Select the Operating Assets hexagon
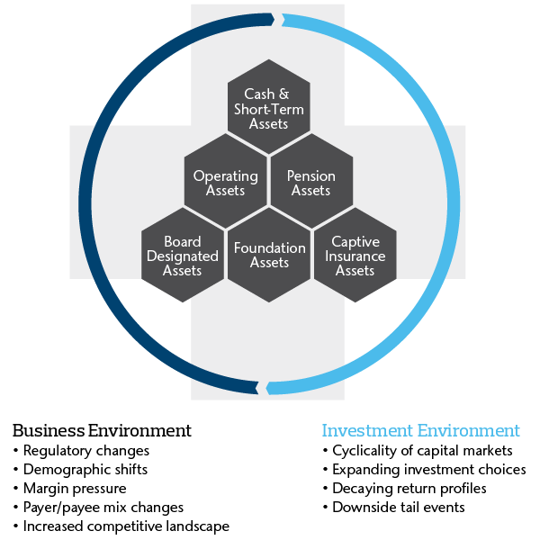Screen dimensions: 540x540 click(225, 183)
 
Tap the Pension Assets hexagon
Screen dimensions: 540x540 click(311, 183)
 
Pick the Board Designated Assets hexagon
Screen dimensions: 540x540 click(183, 256)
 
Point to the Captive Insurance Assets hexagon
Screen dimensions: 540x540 click(355, 256)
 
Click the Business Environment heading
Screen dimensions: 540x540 click(102, 430)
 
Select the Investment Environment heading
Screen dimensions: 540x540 click(420, 430)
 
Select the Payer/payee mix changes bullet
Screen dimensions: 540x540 click(98, 507)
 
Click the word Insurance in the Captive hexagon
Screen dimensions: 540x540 click(355, 256)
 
